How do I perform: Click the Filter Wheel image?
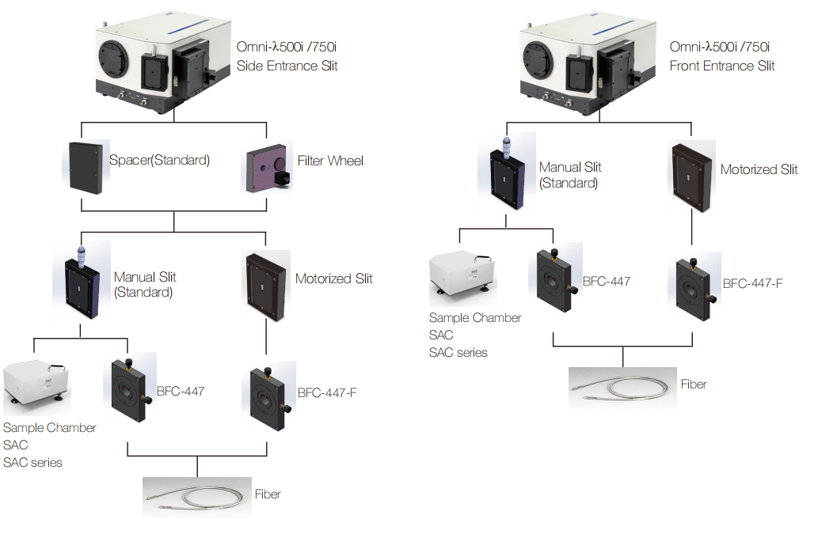point(267,168)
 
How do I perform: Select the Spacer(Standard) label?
point(159,161)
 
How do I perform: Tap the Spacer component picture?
point(86,166)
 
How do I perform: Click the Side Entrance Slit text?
point(287,66)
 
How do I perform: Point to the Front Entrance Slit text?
point(722,66)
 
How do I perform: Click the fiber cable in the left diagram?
point(196,497)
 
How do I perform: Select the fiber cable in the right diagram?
point(622,388)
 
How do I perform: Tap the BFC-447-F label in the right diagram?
point(752,283)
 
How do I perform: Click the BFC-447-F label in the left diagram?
point(327,392)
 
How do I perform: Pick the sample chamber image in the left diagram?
point(38,388)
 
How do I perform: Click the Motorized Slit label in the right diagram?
point(759,169)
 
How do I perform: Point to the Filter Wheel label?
point(330,161)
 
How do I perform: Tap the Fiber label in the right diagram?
point(694,385)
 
